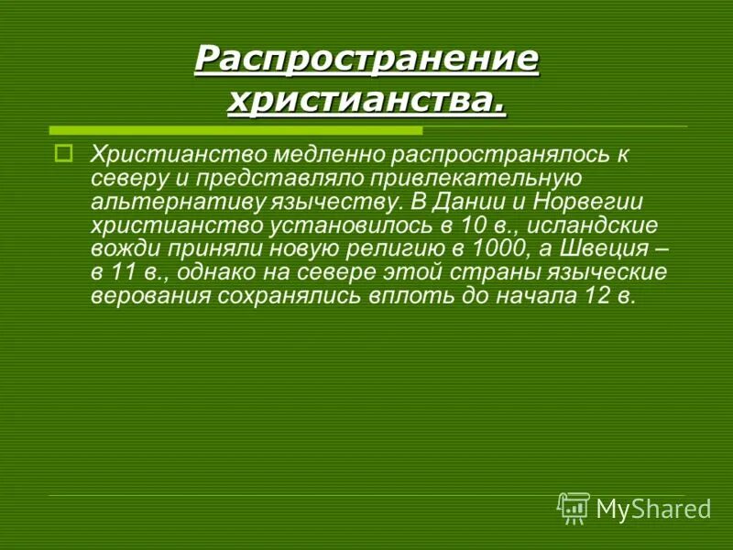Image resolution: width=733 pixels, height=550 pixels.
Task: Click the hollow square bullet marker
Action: point(63,153)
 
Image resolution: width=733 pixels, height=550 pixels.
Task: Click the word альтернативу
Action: point(168,202)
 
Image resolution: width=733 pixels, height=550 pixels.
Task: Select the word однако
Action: point(214,273)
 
